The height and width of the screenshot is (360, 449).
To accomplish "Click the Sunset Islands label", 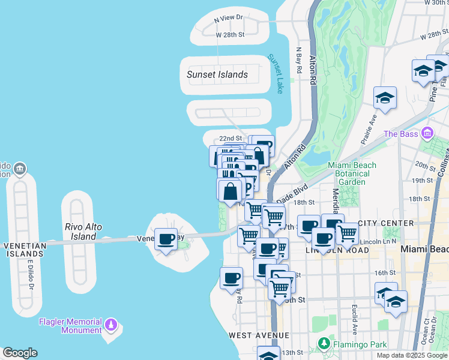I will [217, 74].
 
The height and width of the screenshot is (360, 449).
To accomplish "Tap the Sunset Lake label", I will [276, 74].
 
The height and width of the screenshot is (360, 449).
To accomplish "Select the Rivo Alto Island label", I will [83, 232].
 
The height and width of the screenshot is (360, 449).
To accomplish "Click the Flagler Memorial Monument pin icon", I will [110, 325].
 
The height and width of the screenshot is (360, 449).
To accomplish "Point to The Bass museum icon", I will [427, 133].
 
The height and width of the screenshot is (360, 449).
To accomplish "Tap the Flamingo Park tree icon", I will [324, 344].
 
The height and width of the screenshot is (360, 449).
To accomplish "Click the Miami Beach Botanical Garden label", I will [352, 173].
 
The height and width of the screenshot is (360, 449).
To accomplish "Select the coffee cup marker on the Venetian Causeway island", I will [166, 239].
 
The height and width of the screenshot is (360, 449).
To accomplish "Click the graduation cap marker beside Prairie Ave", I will [385, 98].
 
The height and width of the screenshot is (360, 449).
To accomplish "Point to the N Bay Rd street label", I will [299, 61].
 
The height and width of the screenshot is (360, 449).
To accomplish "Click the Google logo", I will [20, 353].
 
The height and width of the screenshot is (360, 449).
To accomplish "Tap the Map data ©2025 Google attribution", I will [411, 355].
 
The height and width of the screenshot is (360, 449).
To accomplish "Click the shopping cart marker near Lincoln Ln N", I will [347, 234].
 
